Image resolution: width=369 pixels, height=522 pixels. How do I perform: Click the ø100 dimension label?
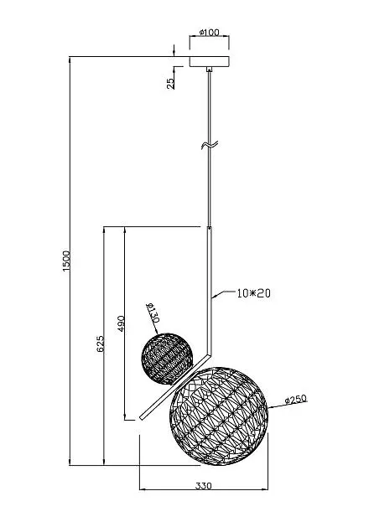pos(210,33)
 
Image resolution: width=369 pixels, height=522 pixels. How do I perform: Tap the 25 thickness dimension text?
pos(170,83)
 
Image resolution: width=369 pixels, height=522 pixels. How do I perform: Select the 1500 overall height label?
pos(66,261)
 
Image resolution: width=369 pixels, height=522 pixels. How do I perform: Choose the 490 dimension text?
pos(121,323)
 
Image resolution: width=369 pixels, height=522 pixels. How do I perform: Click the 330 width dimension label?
pos(203,486)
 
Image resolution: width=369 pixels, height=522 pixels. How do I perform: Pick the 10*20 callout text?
pos(254,293)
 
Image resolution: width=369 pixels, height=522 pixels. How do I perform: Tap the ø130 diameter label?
pos(153,313)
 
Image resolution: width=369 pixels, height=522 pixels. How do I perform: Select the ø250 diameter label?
pos(296,400)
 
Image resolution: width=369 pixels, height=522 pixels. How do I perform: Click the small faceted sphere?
pos(167,358)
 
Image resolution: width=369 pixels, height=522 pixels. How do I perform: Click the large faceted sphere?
pos(219,416)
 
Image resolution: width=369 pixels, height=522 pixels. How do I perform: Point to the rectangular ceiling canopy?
pos(210,62)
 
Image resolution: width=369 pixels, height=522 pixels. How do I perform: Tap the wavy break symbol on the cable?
pos(210,145)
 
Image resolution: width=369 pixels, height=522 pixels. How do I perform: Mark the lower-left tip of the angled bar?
pos(140,419)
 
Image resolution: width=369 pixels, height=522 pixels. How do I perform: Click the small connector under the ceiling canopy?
pos(209,70)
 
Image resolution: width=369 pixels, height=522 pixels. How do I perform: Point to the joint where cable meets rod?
pos(209,228)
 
